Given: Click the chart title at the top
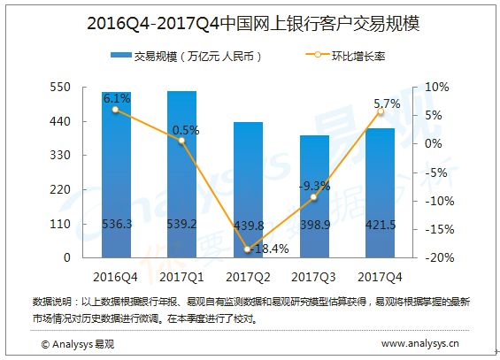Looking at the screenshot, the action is (x=253, y=24).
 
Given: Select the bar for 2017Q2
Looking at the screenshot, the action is (x=248, y=190).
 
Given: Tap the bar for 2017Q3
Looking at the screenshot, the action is (x=314, y=196).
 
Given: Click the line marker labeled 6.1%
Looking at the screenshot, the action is (x=115, y=110).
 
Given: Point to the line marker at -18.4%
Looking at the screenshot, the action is (x=248, y=249).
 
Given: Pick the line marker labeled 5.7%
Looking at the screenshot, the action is (x=381, y=111).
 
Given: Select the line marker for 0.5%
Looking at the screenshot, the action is (x=181, y=141).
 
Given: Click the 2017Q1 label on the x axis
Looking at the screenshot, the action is (x=181, y=277).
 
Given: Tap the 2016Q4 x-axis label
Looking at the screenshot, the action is (x=115, y=277).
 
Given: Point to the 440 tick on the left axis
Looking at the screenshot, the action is (x=60, y=121).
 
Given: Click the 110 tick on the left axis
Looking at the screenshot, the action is (x=60, y=224).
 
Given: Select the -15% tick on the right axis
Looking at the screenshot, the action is (x=440, y=229).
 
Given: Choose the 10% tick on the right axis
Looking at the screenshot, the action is (x=437, y=87).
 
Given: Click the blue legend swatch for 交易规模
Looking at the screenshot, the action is (x=121, y=55).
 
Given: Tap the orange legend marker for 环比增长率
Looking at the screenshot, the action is (x=318, y=55).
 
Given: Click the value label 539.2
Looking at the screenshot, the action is (x=181, y=225).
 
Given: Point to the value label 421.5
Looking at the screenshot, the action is (x=381, y=225).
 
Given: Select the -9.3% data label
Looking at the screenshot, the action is (x=314, y=186).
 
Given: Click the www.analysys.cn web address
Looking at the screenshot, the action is (x=420, y=343).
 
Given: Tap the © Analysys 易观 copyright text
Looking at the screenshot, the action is (x=78, y=344).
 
